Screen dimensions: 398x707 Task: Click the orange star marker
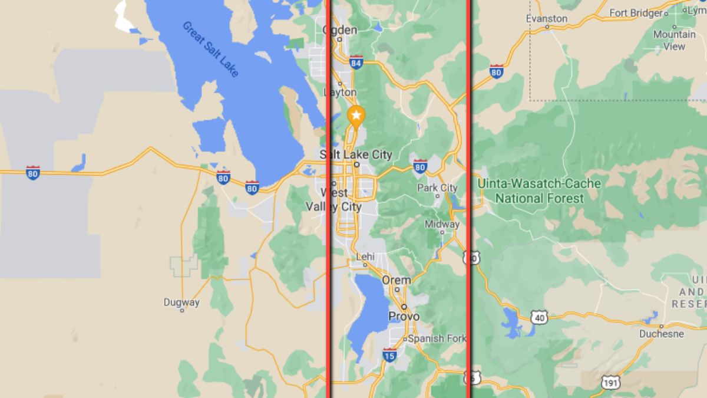pyautogui.click(x=356, y=115)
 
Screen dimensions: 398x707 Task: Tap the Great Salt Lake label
pyautogui.click(x=210, y=49)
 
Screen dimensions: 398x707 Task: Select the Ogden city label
pyautogui.click(x=340, y=30)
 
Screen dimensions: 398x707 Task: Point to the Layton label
pyautogui.click(x=341, y=92)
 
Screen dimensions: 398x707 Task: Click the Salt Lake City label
pyautogui.click(x=355, y=154)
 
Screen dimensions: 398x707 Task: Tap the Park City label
pyautogui.click(x=437, y=188)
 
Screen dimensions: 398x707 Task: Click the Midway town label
pyautogui.click(x=442, y=224)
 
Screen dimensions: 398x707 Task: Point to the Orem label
pyautogui.click(x=396, y=279)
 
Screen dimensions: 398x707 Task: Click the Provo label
pyautogui.click(x=404, y=316)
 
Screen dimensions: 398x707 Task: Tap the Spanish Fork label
pyautogui.click(x=437, y=338)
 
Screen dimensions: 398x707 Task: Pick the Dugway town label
pyautogui.click(x=181, y=302)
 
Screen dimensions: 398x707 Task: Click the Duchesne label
pyautogui.click(x=662, y=334)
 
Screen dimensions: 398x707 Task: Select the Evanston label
pyautogui.click(x=546, y=18)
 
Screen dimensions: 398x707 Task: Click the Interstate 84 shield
pyautogui.click(x=356, y=63)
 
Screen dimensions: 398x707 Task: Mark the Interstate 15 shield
pyautogui.click(x=389, y=355)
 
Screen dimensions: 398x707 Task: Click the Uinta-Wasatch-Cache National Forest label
pyautogui.click(x=539, y=190)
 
